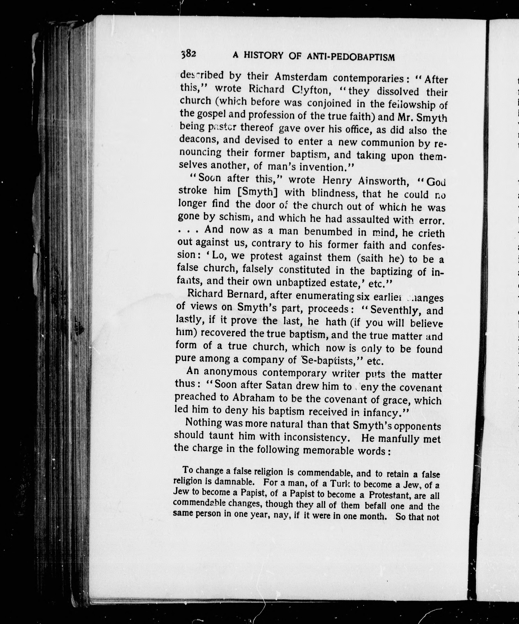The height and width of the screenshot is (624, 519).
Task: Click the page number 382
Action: click(x=188, y=54)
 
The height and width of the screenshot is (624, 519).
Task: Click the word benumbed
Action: click(x=329, y=231)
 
